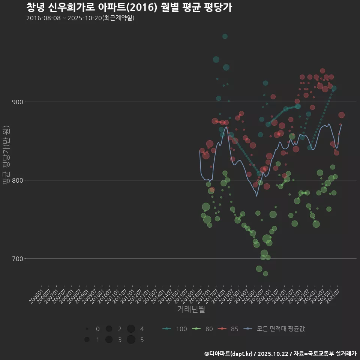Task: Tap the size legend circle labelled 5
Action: click(x=131, y=340)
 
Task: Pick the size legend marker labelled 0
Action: click(x=87, y=329)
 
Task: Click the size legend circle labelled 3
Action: click(x=109, y=340)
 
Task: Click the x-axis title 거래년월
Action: click(x=191, y=309)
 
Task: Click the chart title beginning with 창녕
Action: click(x=129, y=7)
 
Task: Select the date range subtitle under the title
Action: click(x=80, y=18)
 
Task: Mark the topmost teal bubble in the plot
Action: click(x=225, y=36)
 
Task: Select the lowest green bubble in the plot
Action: click(x=265, y=274)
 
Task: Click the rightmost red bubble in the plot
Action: click(x=341, y=115)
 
